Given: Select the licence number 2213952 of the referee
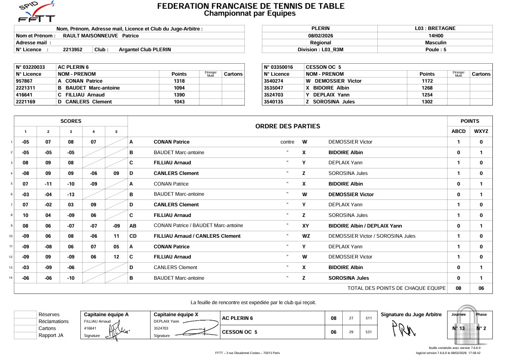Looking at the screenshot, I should [x=73, y=50].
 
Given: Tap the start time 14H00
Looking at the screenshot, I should [x=435, y=36].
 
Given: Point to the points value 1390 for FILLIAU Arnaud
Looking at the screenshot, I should [x=179, y=95].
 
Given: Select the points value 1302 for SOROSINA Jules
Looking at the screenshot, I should [x=427, y=102].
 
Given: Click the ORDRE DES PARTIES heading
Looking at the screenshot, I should [x=287, y=126].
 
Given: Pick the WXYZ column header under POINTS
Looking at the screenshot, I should [x=481, y=132].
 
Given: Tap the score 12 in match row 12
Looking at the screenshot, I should [x=116, y=257].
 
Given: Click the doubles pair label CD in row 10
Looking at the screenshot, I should [x=133, y=236].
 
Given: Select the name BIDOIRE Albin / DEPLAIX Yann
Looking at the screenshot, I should [x=365, y=226].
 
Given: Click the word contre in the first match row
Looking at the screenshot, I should [x=287, y=142].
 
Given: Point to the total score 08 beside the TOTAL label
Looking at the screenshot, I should [x=458, y=288].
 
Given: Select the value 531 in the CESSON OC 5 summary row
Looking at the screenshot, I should [x=368, y=332].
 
